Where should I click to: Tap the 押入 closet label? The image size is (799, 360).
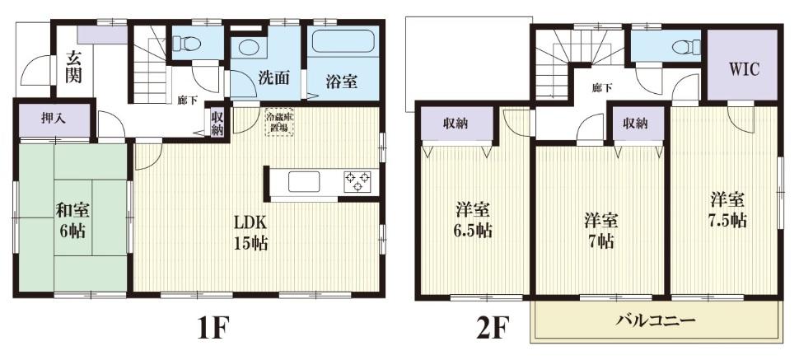tap(54, 118)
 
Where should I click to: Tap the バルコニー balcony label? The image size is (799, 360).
tap(657, 320)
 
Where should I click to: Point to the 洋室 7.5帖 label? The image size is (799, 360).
tap(728, 210)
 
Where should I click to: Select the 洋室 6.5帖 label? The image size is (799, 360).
tap(474, 220)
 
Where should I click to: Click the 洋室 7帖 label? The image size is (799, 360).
tap(600, 231)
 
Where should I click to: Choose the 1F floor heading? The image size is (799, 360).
tap(212, 329)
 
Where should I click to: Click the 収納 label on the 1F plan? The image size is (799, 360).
tap(217, 124)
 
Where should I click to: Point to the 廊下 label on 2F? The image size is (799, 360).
tap(602, 86)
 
